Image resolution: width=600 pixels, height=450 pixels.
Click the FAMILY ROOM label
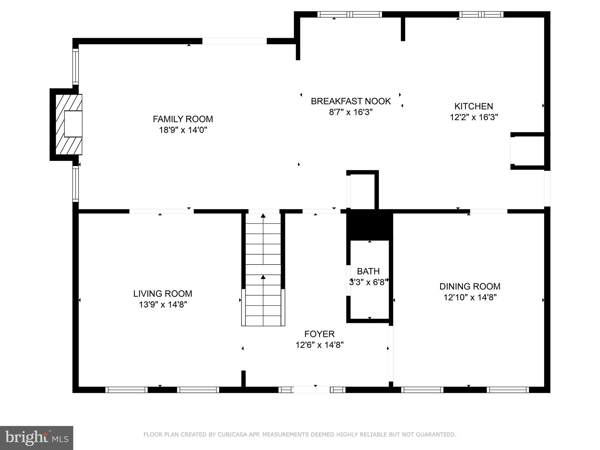(x=183, y=119)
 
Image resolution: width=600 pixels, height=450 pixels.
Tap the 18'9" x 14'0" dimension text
(x=183, y=130)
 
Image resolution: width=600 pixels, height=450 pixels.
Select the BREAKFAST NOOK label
(x=351, y=101)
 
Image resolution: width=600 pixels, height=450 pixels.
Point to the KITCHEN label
(x=474, y=106)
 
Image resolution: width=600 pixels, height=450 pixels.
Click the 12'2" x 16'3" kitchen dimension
(x=474, y=117)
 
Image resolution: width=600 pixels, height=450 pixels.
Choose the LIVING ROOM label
(x=163, y=294)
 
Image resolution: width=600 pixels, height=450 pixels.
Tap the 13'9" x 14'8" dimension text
(x=163, y=305)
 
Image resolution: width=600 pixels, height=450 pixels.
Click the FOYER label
(x=319, y=334)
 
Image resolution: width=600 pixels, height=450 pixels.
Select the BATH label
(x=368, y=271)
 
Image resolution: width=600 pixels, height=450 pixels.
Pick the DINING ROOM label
(x=470, y=286)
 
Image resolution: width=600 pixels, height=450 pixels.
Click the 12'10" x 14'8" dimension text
(x=470, y=297)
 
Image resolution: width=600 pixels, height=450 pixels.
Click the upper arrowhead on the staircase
(x=263, y=216)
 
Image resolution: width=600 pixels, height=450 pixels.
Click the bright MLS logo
(x=37, y=438)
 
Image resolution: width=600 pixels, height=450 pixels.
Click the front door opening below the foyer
(x=312, y=390)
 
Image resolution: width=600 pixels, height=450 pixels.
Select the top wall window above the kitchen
(x=481, y=14)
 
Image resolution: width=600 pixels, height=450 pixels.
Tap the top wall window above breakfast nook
(x=350, y=14)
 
